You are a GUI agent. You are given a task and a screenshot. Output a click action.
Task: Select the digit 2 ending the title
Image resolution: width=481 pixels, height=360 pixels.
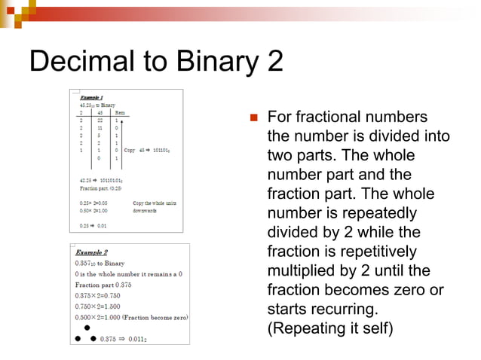(x=274, y=62)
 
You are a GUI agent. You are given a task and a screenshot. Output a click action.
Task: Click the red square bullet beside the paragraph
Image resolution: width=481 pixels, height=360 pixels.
(x=254, y=118)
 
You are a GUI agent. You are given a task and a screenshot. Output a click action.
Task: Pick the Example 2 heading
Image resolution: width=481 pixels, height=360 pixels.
(x=91, y=252)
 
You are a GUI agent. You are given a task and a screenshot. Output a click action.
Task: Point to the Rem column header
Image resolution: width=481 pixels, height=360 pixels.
(x=120, y=112)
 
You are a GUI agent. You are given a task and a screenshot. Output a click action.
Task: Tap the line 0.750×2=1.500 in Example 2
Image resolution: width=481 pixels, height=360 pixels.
(x=104, y=307)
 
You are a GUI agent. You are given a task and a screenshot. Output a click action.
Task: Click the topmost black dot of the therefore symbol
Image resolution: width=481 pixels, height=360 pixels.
(x=87, y=328)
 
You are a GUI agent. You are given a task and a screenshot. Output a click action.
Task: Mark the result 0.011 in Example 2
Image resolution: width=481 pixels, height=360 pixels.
(x=136, y=339)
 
